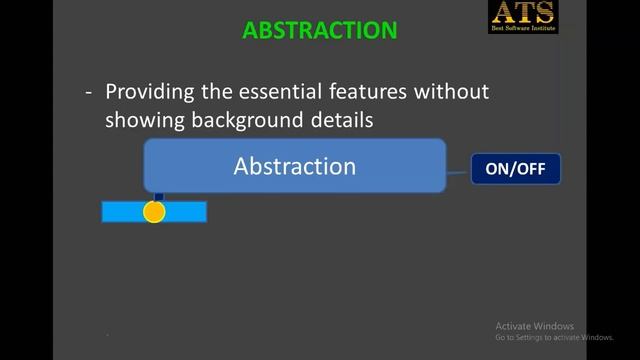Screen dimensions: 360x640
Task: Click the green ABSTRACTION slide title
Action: pyautogui.click(x=319, y=30)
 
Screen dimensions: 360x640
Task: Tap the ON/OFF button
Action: pyautogui.click(x=515, y=169)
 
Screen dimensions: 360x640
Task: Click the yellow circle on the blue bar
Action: pyautogui.click(x=154, y=212)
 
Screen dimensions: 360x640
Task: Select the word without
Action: pyautogui.click(x=454, y=92)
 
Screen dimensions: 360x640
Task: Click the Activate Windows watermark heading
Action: pyautogui.click(x=535, y=326)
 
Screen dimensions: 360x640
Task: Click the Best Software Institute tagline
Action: pyautogui.click(x=522, y=29)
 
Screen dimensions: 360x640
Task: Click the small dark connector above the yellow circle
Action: pyautogui.click(x=158, y=197)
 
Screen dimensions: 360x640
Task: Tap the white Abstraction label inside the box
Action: pyautogui.click(x=295, y=166)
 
